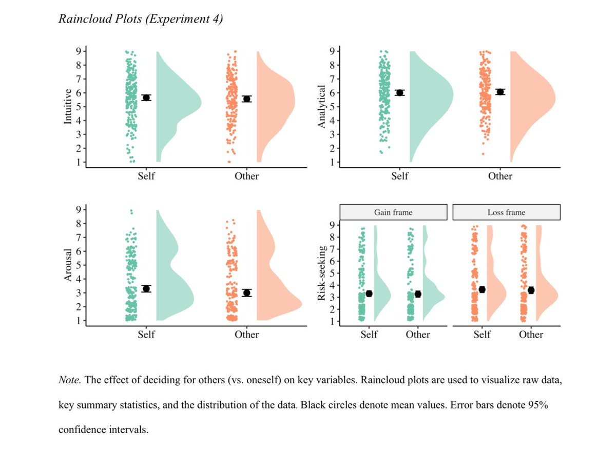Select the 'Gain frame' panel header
[393, 212]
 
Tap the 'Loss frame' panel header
[506, 212]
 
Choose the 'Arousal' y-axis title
[67, 265]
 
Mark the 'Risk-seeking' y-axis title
[322, 273]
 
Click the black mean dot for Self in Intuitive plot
[146, 97]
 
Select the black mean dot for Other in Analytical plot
[500, 92]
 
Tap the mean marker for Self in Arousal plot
[146, 289]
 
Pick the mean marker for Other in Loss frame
[531, 290]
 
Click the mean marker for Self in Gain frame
[369, 294]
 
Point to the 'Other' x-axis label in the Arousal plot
[247, 335]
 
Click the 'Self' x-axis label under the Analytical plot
[399, 177]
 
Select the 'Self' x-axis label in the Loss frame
[482, 335]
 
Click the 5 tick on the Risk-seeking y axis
[333, 273]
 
